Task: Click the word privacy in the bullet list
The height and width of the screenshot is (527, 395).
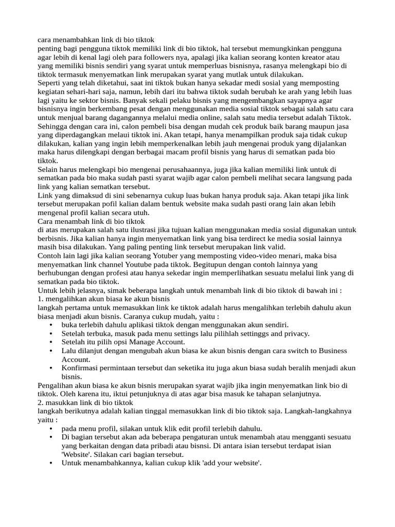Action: coord(295,333)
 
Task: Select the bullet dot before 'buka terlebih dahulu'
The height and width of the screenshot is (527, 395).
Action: coord(50,325)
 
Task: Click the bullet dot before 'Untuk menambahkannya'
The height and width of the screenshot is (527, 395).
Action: coord(50,463)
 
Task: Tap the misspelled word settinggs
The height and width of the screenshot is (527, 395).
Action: coord(245,333)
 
